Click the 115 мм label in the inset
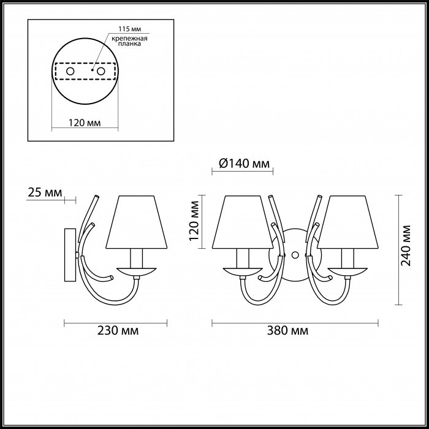(130, 29)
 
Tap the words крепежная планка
(130, 41)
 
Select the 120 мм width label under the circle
(85, 123)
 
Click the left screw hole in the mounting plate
(70, 72)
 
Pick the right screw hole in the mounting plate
(101, 72)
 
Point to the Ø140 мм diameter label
(245, 164)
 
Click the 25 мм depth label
(45, 192)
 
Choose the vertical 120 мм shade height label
(194, 221)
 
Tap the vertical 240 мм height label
(406, 245)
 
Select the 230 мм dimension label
(118, 330)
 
